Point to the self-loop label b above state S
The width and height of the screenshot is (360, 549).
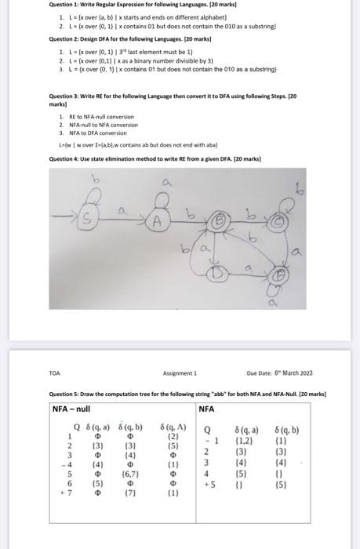click(98, 180)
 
